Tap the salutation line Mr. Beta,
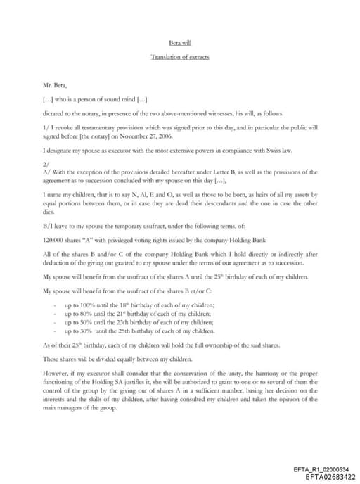tap(53, 84)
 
